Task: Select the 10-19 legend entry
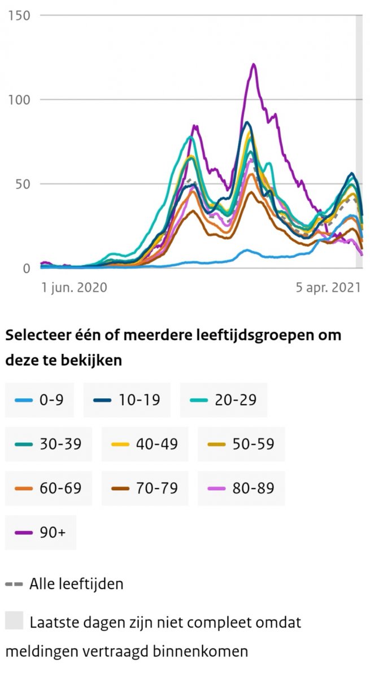click(x=127, y=400)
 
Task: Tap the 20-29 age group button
click(x=223, y=400)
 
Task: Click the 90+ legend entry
click(x=40, y=531)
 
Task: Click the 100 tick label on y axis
click(x=19, y=99)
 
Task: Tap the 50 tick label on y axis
click(x=23, y=184)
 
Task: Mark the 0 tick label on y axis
click(x=27, y=269)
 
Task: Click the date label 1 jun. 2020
click(x=74, y=288)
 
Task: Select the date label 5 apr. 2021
click(x=328, y=288)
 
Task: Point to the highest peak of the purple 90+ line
click(x=254, y=64)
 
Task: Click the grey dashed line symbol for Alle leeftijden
click(x=14, y=584)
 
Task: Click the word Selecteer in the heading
click(x=34, y=335)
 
